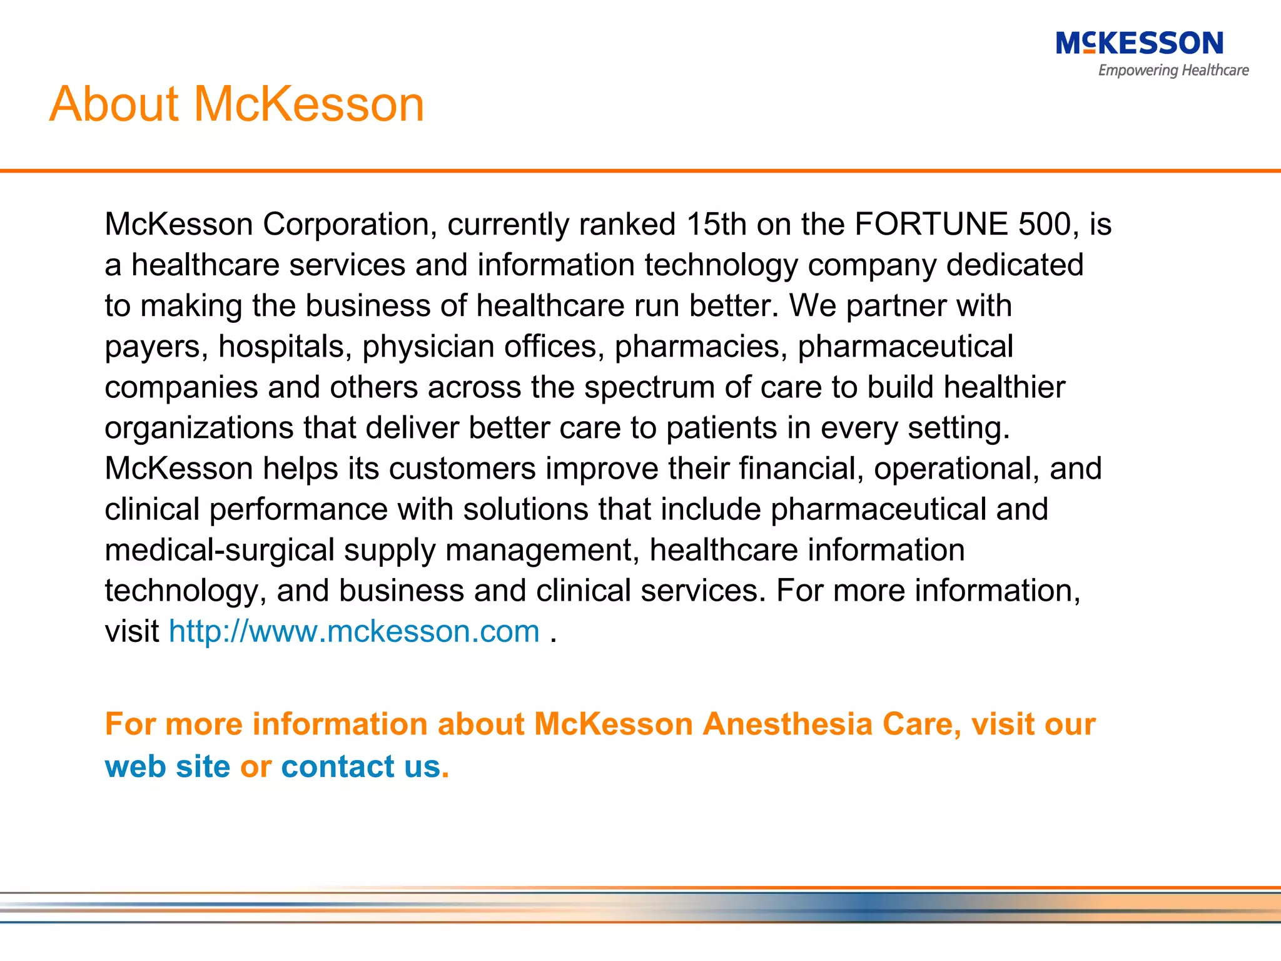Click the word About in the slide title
(x=114, y=104)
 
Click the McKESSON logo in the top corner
(x=1139, y=44)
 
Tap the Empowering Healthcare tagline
(x=1173, y=71)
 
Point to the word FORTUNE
(x=931, y=224)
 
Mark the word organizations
(x=199, y=429)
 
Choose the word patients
(x=721, y=429)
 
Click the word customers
(x=462, y=469)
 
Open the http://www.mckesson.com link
(x=354, y=631)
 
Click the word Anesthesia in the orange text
(x=787, y=725)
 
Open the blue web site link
(x=167, y=766)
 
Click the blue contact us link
(x=361, y=766)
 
